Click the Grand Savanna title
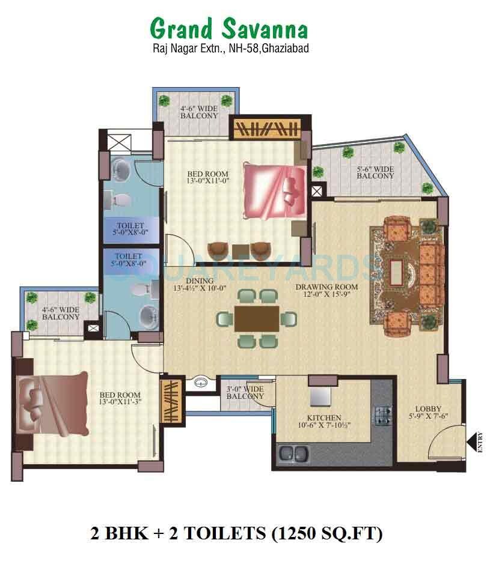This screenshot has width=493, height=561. point(228,28)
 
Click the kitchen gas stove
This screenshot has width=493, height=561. point(384,414)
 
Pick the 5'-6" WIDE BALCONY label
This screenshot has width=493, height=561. point(375,172)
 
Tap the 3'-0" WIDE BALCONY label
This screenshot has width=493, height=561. point(245,393)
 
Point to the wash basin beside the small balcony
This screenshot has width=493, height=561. point(201,383)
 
